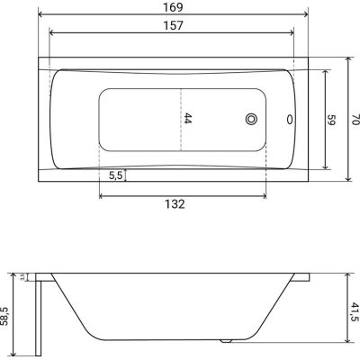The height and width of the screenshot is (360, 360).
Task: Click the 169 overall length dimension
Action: [x=173, y=7]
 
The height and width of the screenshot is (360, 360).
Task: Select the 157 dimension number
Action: [x=173, y=25]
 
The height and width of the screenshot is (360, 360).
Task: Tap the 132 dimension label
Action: [x=175, y=204]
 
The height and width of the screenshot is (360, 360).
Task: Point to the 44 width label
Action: [x=187, y=118]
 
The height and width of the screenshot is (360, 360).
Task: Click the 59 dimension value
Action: [x=331, y=120]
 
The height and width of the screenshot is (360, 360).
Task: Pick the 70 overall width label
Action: [x=355, y=120]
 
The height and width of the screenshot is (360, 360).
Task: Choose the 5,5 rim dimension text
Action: [x=115, y=175]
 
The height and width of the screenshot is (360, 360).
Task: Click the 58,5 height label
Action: [x=4, y=316]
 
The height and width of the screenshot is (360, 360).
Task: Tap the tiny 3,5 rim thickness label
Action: [x=22, y=277]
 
